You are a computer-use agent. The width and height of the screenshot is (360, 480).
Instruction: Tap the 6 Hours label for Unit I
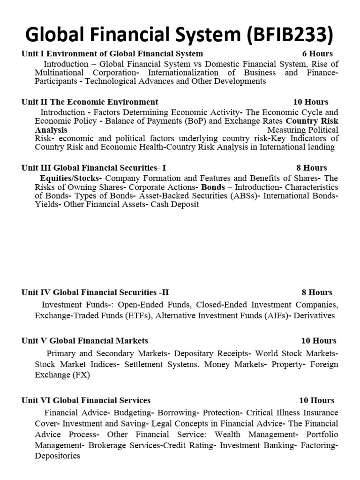pos(317,54)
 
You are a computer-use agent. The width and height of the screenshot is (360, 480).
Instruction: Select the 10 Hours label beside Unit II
pos(311,102)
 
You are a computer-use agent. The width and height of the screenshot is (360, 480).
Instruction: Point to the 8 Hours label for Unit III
pos(312,167)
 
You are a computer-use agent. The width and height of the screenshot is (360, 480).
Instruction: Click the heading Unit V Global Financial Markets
pos(85,340)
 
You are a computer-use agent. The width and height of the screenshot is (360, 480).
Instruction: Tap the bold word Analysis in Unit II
pos(51,130)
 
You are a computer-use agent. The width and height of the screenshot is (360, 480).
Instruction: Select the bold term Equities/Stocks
pos(71,178)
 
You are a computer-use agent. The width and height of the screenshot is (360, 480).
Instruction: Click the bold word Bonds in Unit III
pos(213,187)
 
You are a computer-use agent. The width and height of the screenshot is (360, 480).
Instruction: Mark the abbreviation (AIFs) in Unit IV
pos(276,315)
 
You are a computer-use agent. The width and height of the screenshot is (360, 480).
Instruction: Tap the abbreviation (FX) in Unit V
pos(82,375)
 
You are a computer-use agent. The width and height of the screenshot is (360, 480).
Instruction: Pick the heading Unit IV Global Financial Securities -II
pos(95,292)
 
